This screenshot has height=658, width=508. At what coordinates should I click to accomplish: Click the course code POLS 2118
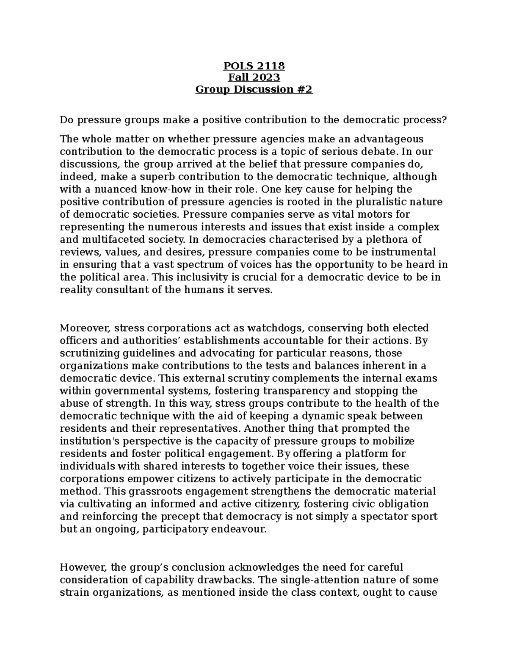[x=254, y=66]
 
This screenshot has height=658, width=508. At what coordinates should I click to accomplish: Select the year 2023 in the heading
[x=267, y=78]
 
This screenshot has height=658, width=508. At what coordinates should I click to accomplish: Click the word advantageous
[x=388, y=139]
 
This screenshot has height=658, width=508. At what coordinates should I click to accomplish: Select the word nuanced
[x=106, y=189]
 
